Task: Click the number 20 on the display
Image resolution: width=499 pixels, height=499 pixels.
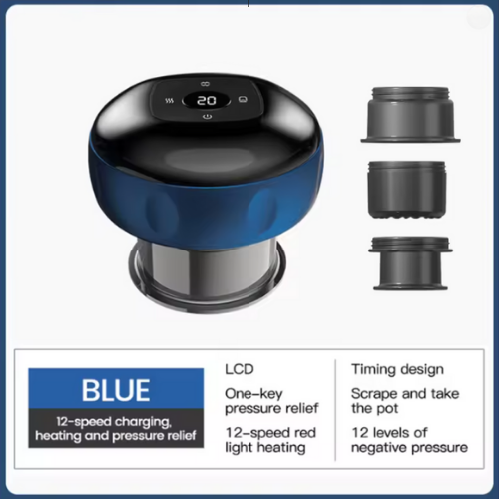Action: (x=207, y=101)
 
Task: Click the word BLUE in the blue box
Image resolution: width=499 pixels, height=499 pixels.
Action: (x=116, y=389)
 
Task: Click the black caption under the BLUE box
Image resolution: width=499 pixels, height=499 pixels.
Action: (x=116, y=429)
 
